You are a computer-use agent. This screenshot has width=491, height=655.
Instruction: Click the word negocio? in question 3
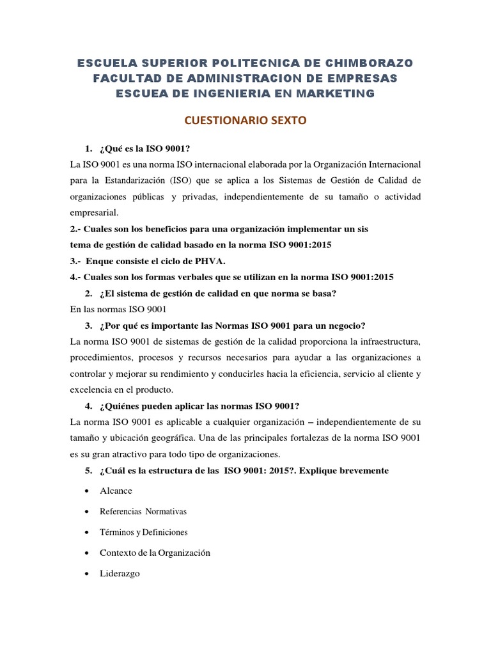click(x=343, y=324)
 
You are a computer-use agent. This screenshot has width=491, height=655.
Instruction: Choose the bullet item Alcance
click(x=116, y=491)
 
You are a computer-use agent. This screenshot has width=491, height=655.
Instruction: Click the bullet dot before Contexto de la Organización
click(x=86, y=553)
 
